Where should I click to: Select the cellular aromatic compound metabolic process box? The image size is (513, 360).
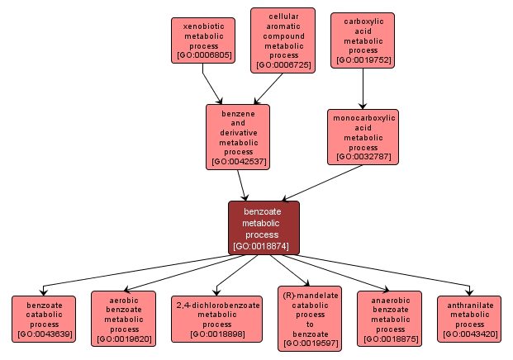click(283, 40)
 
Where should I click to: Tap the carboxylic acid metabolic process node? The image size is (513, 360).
click(363, 40)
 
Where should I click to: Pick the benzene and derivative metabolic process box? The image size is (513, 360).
click(238, 136)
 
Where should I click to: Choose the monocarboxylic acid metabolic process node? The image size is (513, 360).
click(363, 136)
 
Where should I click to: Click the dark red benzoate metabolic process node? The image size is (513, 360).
click(264, 228)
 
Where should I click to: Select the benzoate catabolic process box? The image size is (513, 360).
click(44, 320)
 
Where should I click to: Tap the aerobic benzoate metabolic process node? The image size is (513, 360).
click(123, 318)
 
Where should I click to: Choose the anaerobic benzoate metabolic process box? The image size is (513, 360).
click(390, 318)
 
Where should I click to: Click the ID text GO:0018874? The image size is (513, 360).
click(264, 246)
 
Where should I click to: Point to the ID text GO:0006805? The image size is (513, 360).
click(203, 56)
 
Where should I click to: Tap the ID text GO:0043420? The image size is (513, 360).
click(469, 335)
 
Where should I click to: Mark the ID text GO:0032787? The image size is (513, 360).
click(363, 157)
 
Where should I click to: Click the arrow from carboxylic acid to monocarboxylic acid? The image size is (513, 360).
click(363, 88)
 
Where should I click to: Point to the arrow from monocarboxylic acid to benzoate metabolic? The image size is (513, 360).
click(322, 182)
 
